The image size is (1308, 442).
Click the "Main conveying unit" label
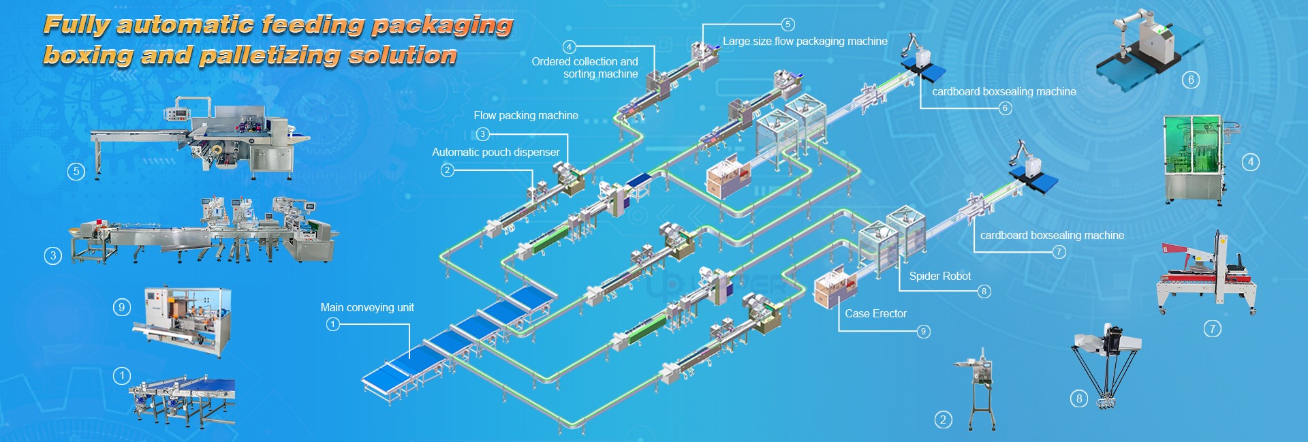coord(367,308)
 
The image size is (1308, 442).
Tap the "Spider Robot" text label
coord(939,276)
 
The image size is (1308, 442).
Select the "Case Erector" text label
coord(875,313)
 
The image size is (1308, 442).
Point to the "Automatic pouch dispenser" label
coord(495,152)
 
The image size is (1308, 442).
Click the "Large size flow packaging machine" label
coord(805,41)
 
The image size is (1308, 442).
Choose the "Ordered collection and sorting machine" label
coord(585,67)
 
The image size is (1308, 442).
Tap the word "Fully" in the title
coord(76,25)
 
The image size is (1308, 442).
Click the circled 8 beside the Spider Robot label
coord(983,291)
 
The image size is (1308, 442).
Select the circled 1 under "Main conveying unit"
coord(332,324)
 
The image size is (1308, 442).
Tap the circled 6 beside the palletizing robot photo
coord(1191,80)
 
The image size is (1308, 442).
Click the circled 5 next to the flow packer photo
coord(76,171)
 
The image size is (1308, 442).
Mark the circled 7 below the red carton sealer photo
coord(1212,329)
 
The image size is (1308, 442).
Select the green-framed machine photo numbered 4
coord(1199,159)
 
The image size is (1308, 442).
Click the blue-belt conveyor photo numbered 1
coord(183,398)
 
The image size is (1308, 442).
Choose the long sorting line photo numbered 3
coord(204,231)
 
